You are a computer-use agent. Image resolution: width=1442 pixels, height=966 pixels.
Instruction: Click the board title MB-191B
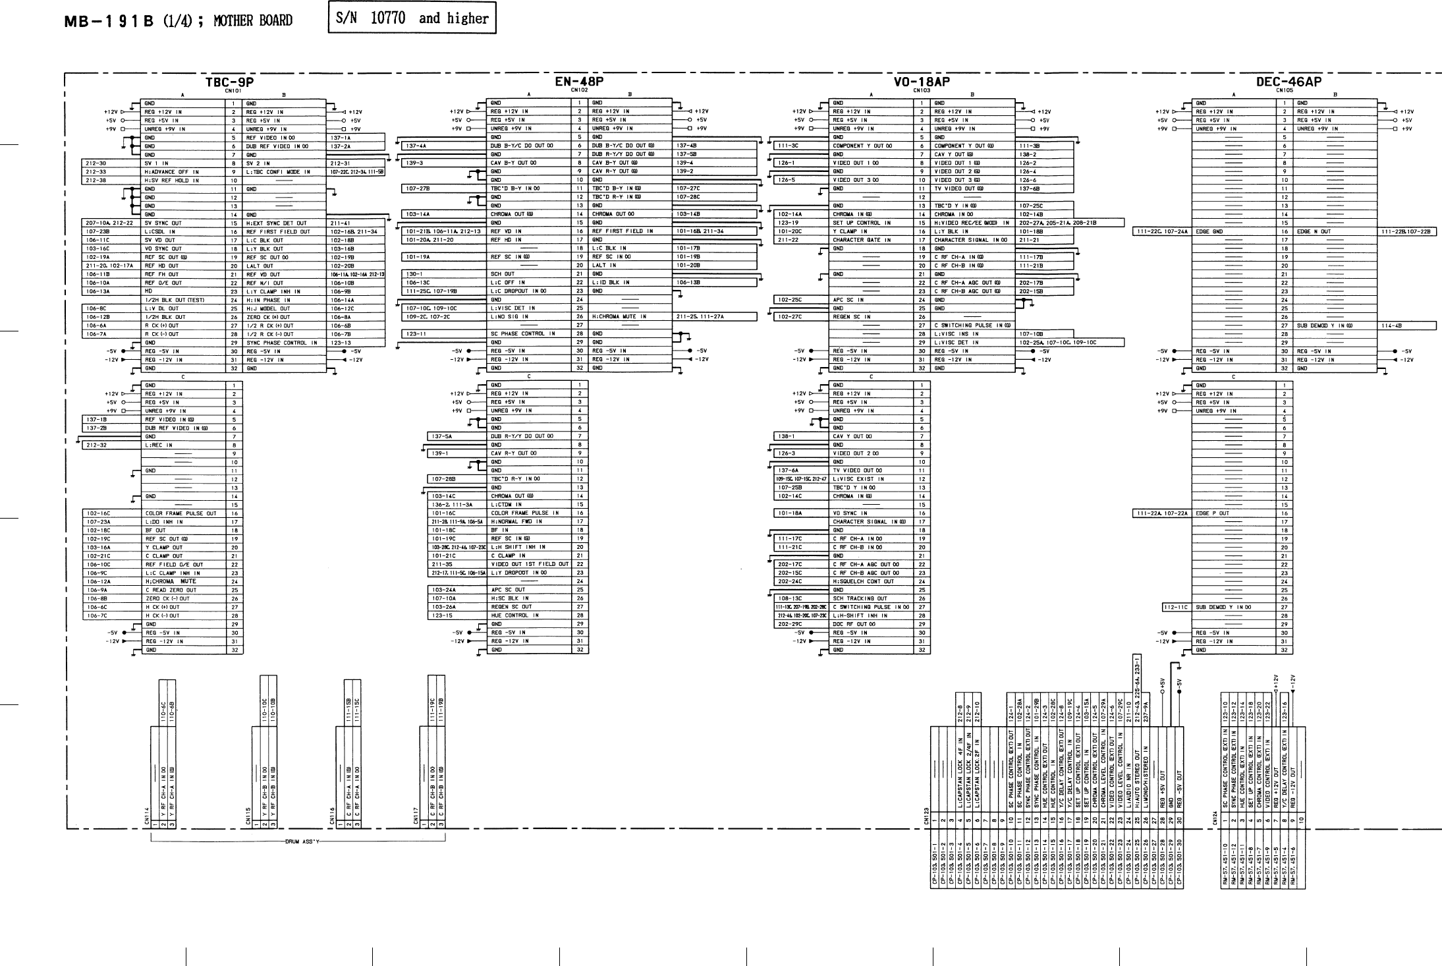point(109,20)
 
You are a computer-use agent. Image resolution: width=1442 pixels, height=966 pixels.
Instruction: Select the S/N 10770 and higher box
point(412,18)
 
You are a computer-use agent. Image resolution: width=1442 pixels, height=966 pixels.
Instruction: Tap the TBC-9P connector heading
point(229,82)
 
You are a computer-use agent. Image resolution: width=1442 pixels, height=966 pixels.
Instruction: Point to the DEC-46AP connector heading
point(1288,82)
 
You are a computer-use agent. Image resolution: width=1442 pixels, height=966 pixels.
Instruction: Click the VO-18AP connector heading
point(922,82)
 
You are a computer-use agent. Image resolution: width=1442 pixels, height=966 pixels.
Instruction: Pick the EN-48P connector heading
point(579,82)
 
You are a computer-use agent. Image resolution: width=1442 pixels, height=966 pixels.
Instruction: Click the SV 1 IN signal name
point(157,163)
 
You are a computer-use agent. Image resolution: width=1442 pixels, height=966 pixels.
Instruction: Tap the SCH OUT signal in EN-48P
point(503,274)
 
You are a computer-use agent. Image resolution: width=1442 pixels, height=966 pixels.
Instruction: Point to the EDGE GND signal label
point(1209,232)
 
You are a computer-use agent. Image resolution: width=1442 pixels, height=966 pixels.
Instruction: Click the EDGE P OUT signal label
point(1213,513)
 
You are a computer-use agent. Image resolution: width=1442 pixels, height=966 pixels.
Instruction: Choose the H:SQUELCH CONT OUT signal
point(864,582)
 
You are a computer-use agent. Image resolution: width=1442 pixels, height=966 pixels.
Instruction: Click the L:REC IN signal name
point(159,445)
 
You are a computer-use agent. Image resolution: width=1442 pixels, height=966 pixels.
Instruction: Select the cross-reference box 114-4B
point(1391,326)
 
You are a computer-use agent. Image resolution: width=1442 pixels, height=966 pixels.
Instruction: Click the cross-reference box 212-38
point(96,181)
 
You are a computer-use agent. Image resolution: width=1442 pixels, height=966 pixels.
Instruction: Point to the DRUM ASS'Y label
point(302,841)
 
